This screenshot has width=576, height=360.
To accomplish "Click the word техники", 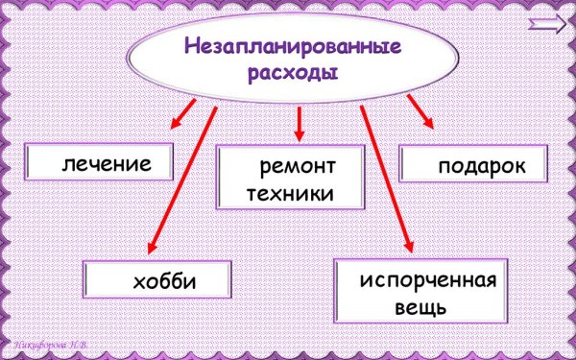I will pos(290,193).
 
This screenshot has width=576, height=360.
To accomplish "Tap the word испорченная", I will pos(428,281).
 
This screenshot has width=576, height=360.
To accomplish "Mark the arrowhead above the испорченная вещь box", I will pos(410,249).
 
